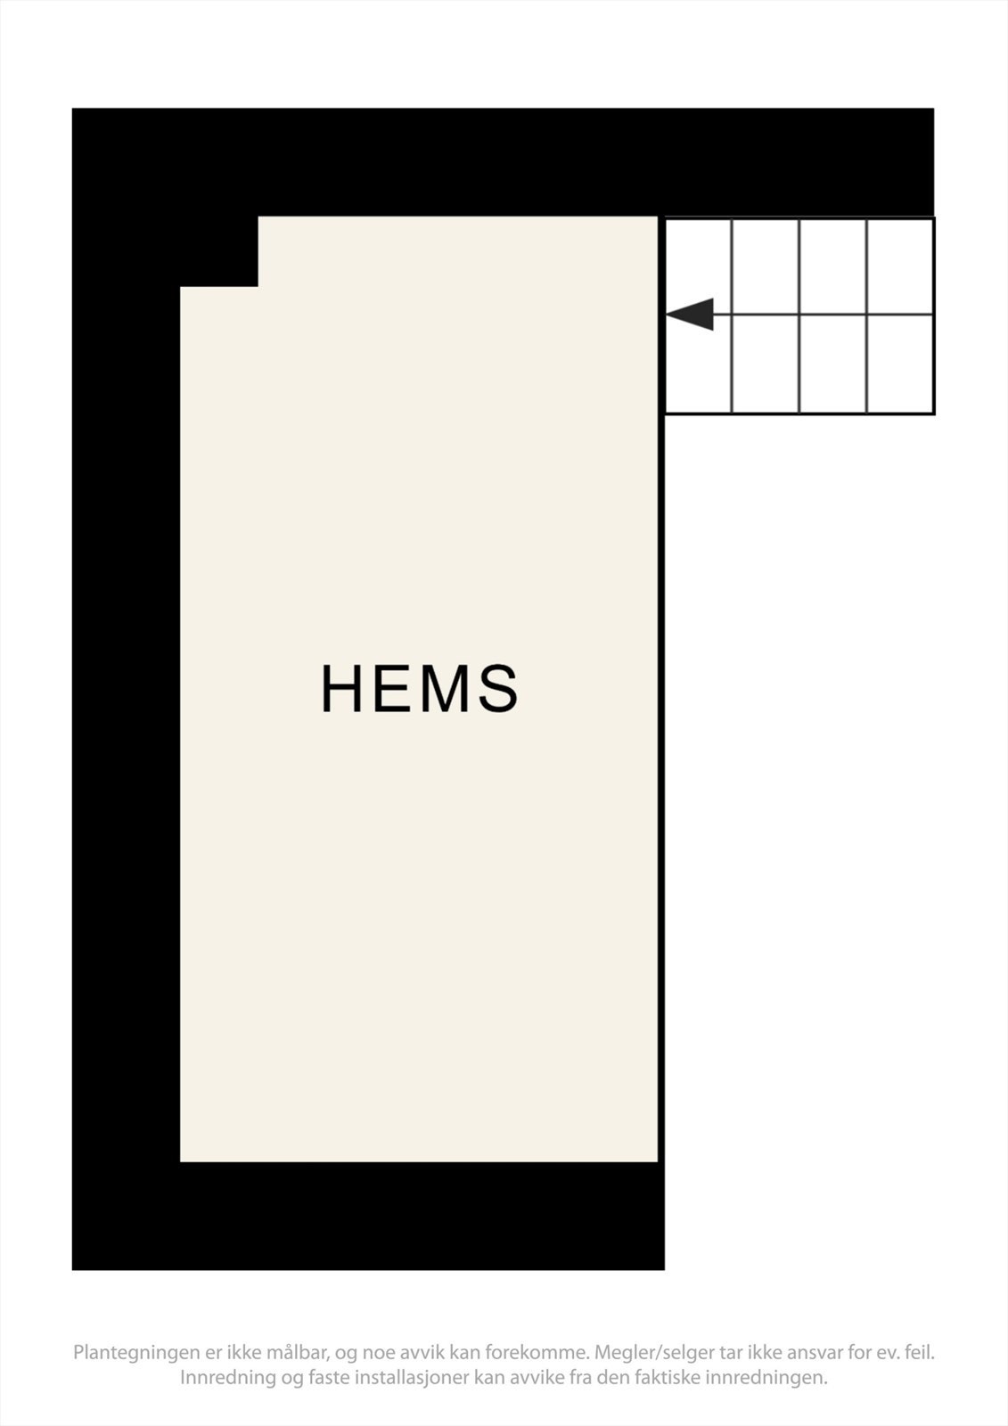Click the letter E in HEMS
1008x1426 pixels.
point(393,688)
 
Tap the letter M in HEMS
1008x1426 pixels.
point(446,688)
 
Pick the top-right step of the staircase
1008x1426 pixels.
point(900,266)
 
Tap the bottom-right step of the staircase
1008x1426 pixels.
point(900,364)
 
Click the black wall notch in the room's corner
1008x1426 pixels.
point(218,250)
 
